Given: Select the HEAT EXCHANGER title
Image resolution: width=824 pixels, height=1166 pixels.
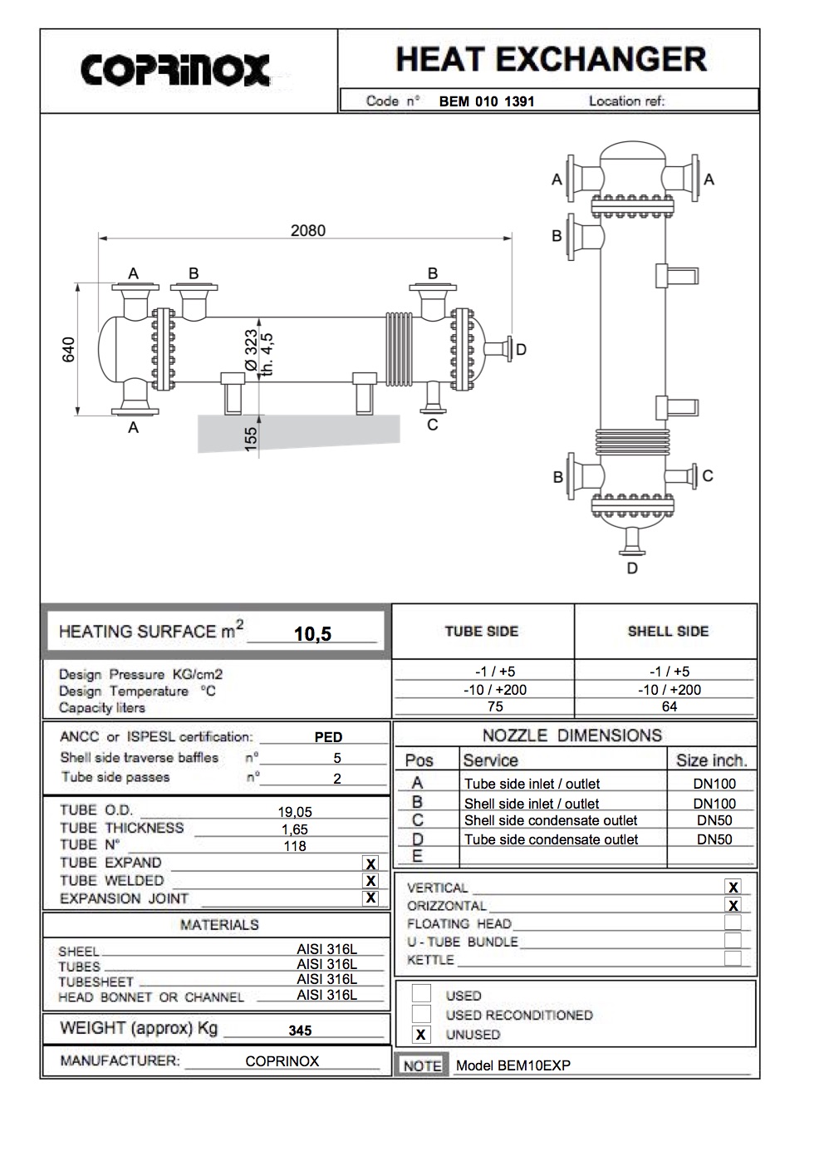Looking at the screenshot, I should pyautogui.click(x=551, y=59).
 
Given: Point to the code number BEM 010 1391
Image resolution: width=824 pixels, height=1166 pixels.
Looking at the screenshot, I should pyautogui.click(x=487, y=102).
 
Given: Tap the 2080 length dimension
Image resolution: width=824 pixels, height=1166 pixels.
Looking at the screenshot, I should pyautogui.click(x=307, y=230).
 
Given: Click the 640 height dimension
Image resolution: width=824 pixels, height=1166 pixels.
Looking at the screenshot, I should pyautogui.click(x=70, y=349).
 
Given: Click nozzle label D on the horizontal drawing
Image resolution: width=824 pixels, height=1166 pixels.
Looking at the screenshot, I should pyautogui.click(x=521, y=350).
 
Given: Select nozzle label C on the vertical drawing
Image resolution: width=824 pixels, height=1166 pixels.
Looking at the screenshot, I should pyautogui.click(x=708, y=476).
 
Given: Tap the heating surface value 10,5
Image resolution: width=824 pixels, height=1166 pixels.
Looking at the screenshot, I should pyautogui.click(x=312, y=634).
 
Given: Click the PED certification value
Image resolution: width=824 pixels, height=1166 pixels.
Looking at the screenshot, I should pyautogui.click(x=328, y=737).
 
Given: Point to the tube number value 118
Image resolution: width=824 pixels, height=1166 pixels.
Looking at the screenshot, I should pyautogui.click(x=295, y=846).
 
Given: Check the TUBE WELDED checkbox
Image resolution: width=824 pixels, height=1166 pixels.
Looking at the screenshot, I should pyautogui.click(x=371, y=881).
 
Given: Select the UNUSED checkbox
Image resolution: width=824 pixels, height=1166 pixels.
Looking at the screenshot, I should pyautogui.click(x=421, y=1035).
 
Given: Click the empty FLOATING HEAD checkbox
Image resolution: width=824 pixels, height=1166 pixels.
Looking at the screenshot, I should pyautogui.click(x=733, y=922).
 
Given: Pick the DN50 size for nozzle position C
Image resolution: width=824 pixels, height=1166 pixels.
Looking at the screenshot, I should pyautogui.click(x=714, y=820).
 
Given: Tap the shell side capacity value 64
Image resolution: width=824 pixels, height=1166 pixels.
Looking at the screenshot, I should pyautogui.click(x=669, y=706).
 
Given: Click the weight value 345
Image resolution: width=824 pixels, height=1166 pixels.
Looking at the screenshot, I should pyautogui.click(x=300, y=1031).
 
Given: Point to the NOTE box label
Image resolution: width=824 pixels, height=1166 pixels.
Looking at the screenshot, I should pyautogui.click(x=422, y=1065).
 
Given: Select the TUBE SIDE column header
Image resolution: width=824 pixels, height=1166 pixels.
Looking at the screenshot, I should pyautogui.click(x=481, y=632).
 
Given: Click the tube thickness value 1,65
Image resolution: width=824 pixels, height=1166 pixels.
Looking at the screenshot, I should pyautogui.click(x=294, y=829).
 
